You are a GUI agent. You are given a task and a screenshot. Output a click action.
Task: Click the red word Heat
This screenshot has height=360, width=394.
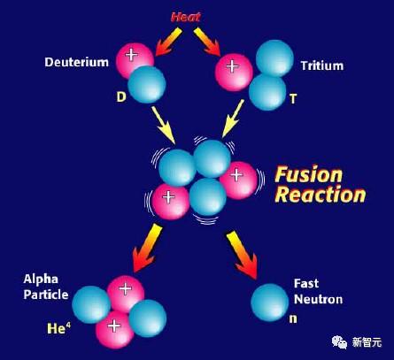(186, 17)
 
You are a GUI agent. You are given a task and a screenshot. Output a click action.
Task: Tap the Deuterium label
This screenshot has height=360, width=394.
(77, 62)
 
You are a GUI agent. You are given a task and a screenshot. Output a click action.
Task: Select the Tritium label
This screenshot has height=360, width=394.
(322, 65)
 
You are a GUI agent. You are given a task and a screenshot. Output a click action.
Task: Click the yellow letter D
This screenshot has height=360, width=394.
(121, 96)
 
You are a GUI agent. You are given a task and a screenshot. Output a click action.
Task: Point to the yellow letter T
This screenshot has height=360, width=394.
(293, 99)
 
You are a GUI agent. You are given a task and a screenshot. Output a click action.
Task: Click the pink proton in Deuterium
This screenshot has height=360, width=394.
(133, 59)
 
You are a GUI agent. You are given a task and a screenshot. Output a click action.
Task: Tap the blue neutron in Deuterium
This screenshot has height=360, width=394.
(147, 84)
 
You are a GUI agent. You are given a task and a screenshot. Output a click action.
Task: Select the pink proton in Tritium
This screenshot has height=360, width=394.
(234, 73)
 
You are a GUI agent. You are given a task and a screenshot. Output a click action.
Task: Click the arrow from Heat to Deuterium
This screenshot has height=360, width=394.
(169, 42)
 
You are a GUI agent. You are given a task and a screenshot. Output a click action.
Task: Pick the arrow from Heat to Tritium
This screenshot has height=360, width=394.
(207, 42)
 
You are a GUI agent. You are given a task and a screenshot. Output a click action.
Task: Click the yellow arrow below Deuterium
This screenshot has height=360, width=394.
(164, 125)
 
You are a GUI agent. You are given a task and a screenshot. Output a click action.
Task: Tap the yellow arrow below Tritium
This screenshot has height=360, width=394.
(233, 119)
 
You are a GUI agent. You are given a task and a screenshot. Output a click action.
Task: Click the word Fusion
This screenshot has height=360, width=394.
(308, 174)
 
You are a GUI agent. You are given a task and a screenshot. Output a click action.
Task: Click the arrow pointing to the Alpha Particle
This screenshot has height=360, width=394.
(148, 248)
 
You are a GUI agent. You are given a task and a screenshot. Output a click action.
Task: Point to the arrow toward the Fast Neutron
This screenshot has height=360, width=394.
(242, 255)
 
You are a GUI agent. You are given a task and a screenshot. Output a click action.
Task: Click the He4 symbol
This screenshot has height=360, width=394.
(58, 328)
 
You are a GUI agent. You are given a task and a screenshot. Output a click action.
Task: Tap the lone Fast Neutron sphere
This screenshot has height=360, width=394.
(269, 303)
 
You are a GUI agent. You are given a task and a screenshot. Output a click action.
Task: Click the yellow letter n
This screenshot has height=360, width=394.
(293, 318)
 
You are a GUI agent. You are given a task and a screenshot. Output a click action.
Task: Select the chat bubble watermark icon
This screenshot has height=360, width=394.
(340, 342)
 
